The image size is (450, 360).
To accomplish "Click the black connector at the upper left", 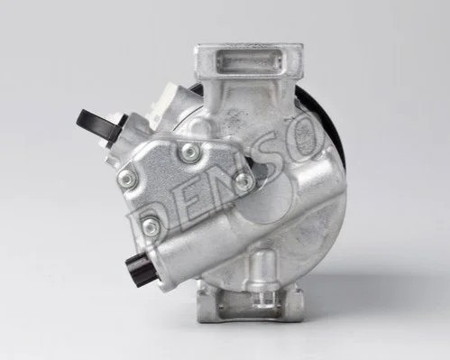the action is (98, 125).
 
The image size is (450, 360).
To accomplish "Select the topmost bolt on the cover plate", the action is (190, 152).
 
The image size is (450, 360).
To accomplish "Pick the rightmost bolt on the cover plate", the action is (244, 180).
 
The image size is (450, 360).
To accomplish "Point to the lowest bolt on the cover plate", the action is (151, 226).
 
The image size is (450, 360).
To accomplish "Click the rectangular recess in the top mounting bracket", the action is (250, 63).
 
